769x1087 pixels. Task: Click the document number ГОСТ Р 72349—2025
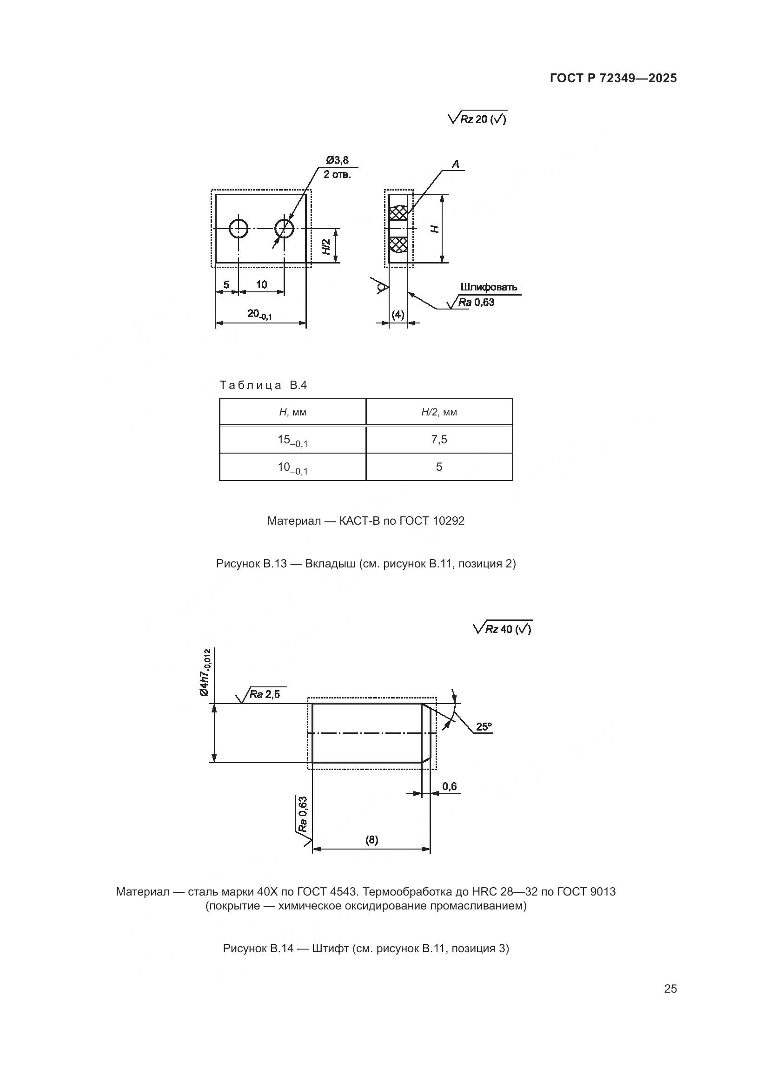click(x=613, y=78)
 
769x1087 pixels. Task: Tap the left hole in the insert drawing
click(x=239, y=229)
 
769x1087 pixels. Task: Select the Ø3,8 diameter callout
click(x=337, y=160)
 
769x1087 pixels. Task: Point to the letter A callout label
click(x=456, y=164)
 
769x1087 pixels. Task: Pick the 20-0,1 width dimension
click(x=259, y=314)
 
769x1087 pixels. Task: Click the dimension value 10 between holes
click(x=261, y=284)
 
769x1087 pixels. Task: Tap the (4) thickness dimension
click(x=398, y=315)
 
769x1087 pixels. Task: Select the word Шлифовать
click(x=489, y=287)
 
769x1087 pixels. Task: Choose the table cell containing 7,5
click(x=439, y=440)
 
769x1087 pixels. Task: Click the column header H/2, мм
click(x=439, y=412)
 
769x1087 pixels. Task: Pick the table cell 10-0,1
click(x=292, y=468)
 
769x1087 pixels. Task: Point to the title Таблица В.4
click(x=263, y=385)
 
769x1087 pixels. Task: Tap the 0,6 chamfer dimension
click(x=450, y=786)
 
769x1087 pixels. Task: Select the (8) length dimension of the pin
click(x=372, y=840)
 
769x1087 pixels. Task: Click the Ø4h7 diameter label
click(x=205, y=673)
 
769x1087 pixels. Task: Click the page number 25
click(x=670, y=988)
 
